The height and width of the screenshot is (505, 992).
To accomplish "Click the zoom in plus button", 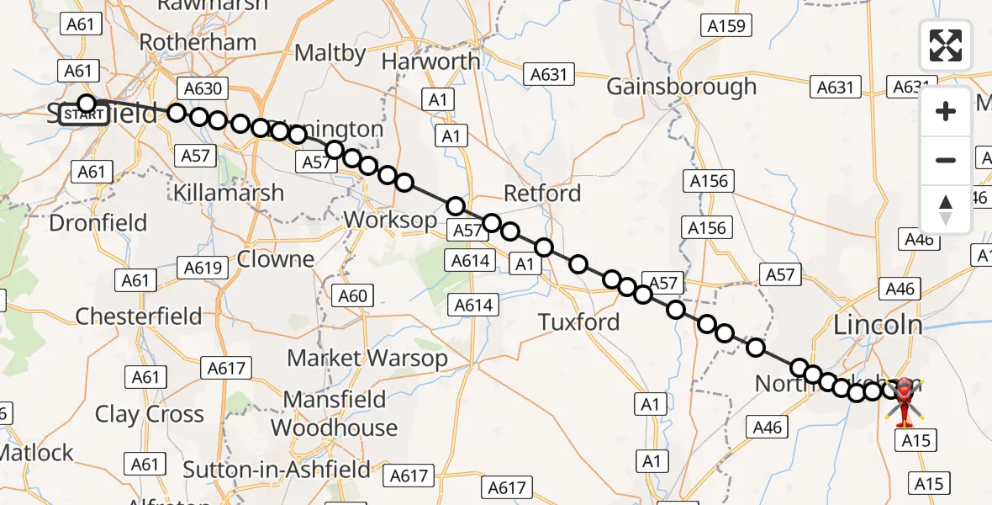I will pyautogui.click(x=946, y=111).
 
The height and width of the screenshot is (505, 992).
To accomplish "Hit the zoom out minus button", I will pyautogui.click(x=946, y=160).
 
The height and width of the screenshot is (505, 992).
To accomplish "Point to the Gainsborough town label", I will pyautogui.click(x=681, y=87).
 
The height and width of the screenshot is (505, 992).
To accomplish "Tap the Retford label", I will pyautogui.click(x=542, y=194).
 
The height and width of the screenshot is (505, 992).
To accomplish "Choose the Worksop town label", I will pyautogui.click(x=390, y=221).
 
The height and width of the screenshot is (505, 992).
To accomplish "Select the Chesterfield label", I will pyautogui.click(x=139, y=316).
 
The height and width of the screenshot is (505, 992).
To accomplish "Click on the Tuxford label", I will pyautogui.click(x=579, y=322).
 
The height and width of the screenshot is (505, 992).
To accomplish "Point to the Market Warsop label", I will pyautogui.click(x=367, y=358).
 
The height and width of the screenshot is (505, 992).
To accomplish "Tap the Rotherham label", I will pyautogui.click(x=198, y=42).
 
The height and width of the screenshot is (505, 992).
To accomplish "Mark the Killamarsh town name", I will pyautogui.click(x=228, y=193).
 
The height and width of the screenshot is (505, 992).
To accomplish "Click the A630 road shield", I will pyautogui.click(x=201, y=88).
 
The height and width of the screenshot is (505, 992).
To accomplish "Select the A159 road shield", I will pyautogui.click(x=726, y=26).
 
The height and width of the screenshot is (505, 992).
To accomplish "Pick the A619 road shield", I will pyautogui.click(x=203, y=268).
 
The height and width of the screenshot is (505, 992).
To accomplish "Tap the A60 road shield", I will pyautogui.click(x=353, y=295).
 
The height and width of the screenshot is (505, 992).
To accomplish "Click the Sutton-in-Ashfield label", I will pyautogui.click(x=277, y=470).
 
